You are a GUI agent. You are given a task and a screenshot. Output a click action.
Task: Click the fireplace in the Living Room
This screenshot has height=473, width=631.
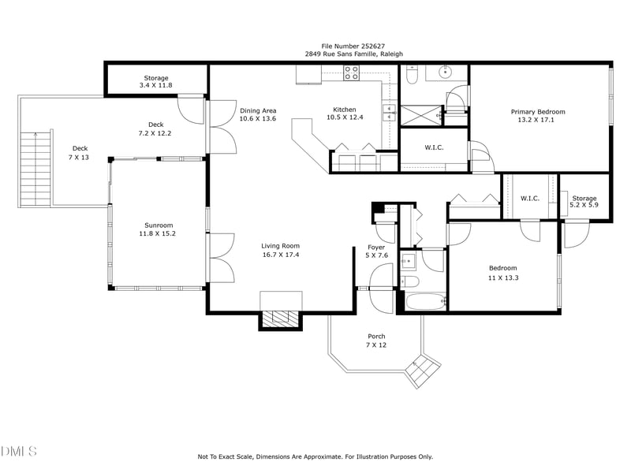click(281, 317)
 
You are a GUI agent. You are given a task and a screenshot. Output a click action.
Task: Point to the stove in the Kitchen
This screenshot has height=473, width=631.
click(352, 73)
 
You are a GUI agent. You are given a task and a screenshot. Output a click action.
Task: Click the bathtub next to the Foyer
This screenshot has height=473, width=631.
click(425, 301)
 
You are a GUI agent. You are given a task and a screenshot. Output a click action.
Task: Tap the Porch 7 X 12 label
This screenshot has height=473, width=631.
click(376, 341)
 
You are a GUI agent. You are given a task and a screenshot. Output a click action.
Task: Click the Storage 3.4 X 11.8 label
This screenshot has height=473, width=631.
click(155, 81)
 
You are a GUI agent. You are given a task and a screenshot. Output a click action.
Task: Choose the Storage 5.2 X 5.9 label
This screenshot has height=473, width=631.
click(584, 202)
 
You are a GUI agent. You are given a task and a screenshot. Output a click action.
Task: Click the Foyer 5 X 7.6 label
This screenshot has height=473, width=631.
click(376, 251)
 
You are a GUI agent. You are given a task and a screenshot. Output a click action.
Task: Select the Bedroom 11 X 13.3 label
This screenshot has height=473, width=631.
click(502, 273)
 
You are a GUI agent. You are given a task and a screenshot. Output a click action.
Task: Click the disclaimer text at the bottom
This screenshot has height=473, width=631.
click(315, 456)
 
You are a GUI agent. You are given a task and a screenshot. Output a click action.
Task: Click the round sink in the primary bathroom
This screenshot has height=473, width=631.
click(446, 73)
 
